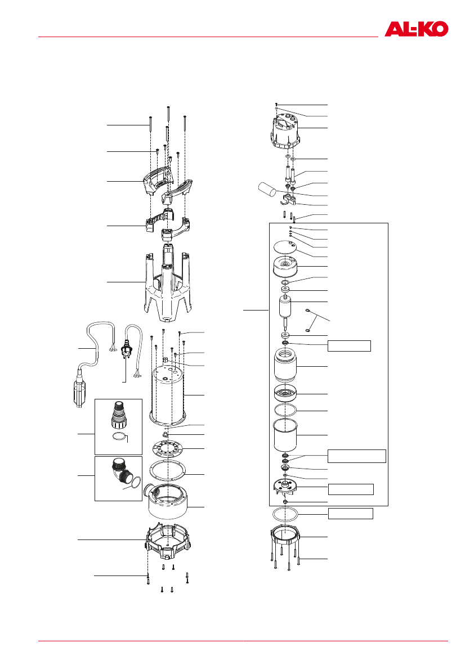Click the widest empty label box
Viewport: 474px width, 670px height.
click(356, 456)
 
